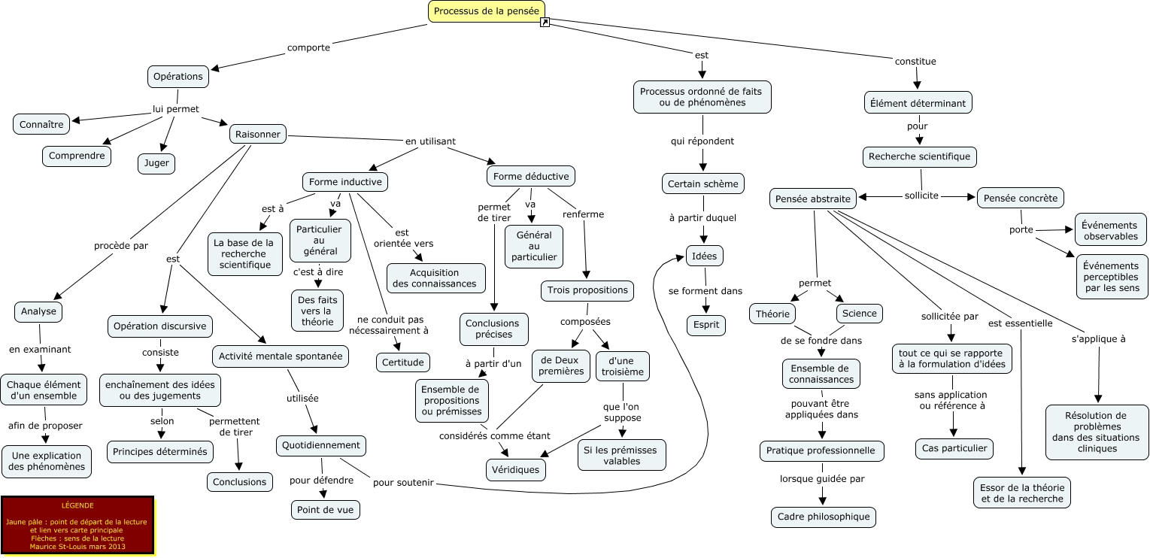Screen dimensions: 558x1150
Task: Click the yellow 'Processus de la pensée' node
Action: pyautogui.click(x=486, y=11)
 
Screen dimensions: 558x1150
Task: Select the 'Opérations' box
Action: pyautogui.click(x=178, y=76)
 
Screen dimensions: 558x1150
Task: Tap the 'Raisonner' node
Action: pyautogui.click(x=258, y=135)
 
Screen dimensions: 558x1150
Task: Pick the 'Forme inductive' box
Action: pyautogui.click(x=345, y=181)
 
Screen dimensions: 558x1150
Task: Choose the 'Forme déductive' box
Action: pyautogui.click(x=531, y=176)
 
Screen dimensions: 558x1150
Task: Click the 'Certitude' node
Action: pyautogui.click(x=403, y=362)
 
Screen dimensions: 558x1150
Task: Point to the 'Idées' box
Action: pyautogui.click(x=705, y=256)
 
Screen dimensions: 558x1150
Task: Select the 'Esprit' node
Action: pyautogui.click(x=705, y=325)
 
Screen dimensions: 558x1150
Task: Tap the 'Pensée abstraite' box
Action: pyautogui.click(x=813, y=199)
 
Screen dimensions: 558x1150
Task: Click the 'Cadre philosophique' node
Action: pyautogui.click(x=823, y=517)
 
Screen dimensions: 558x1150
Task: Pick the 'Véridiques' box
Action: pyautogui.click(x=515, y=469)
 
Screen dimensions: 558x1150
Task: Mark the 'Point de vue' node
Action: pyautogui.click(x=325, y=510)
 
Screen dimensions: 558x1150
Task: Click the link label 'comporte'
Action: pyautogui.click(x=308, y=47)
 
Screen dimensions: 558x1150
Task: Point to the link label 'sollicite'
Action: pyautogui.click(x=921, y=196)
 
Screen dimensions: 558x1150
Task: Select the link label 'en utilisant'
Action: pyautogui.click(x=430, y=141)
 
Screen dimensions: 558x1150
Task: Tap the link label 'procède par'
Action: pyautogui.click(x=121, y=245)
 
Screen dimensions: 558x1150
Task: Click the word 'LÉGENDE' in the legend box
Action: pyautogui.click(x=77, y=505)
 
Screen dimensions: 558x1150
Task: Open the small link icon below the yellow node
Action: pyautogui.click(x=545, y=23)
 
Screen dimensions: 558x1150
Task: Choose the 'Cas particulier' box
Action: pyautogui.click(x=954, y=449)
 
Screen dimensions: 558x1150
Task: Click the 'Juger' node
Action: pyautogui.click(x=156, y=163)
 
